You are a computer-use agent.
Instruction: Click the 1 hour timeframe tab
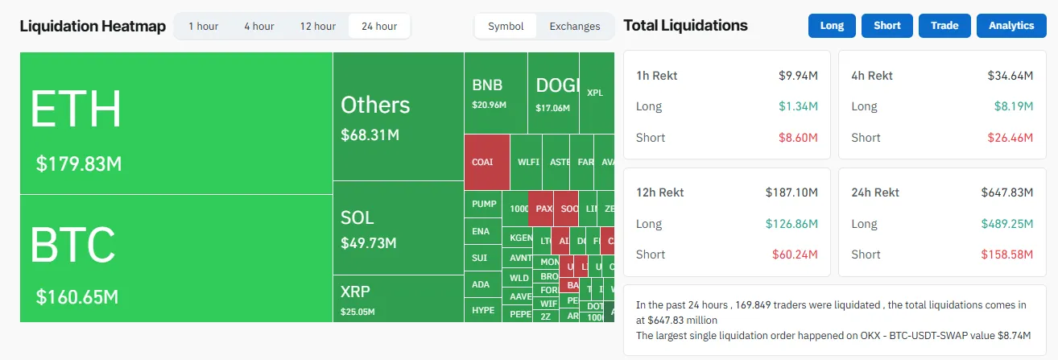coord(203,26)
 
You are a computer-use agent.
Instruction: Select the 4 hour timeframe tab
coord(258,26)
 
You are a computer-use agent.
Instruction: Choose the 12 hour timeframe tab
coord(318,26)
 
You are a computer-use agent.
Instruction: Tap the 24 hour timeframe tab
coord(379,26)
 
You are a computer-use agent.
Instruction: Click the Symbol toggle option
coord(506,26)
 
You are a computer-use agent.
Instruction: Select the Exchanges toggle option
coord(575,26)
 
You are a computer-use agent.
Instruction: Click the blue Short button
coord(887,25)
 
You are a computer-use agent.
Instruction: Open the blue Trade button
coord(944,25)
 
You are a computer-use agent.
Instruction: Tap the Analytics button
coord(1011,25)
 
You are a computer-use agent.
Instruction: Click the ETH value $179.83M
coord(79,164)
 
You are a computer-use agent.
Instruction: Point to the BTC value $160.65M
coord(77,297)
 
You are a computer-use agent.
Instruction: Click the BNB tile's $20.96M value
coord(490,106)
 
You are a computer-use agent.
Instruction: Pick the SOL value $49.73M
coord(368,242)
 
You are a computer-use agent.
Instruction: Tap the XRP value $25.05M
coord(357,312)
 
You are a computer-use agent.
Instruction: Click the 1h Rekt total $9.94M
coord(798,76)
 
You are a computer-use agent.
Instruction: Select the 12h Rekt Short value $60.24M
coord(797,254)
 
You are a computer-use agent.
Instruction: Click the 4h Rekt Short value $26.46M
coord(1010,138)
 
